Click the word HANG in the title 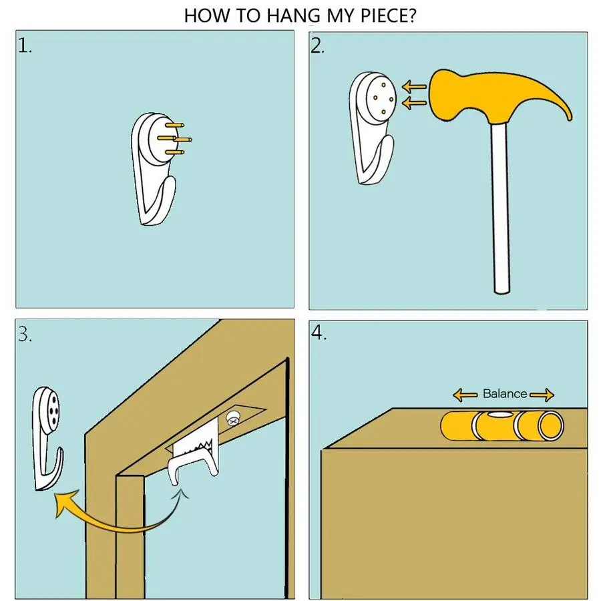point(293,16)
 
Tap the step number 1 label point(25,46)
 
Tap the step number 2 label point(318,46)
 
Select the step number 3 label point(25,335)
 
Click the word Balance point(504,393)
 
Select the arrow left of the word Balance point(465,395)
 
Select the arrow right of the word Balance point(542,395)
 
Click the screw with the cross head point(232,419)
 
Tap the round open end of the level point(551,426)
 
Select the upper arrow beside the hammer point(414,87)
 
